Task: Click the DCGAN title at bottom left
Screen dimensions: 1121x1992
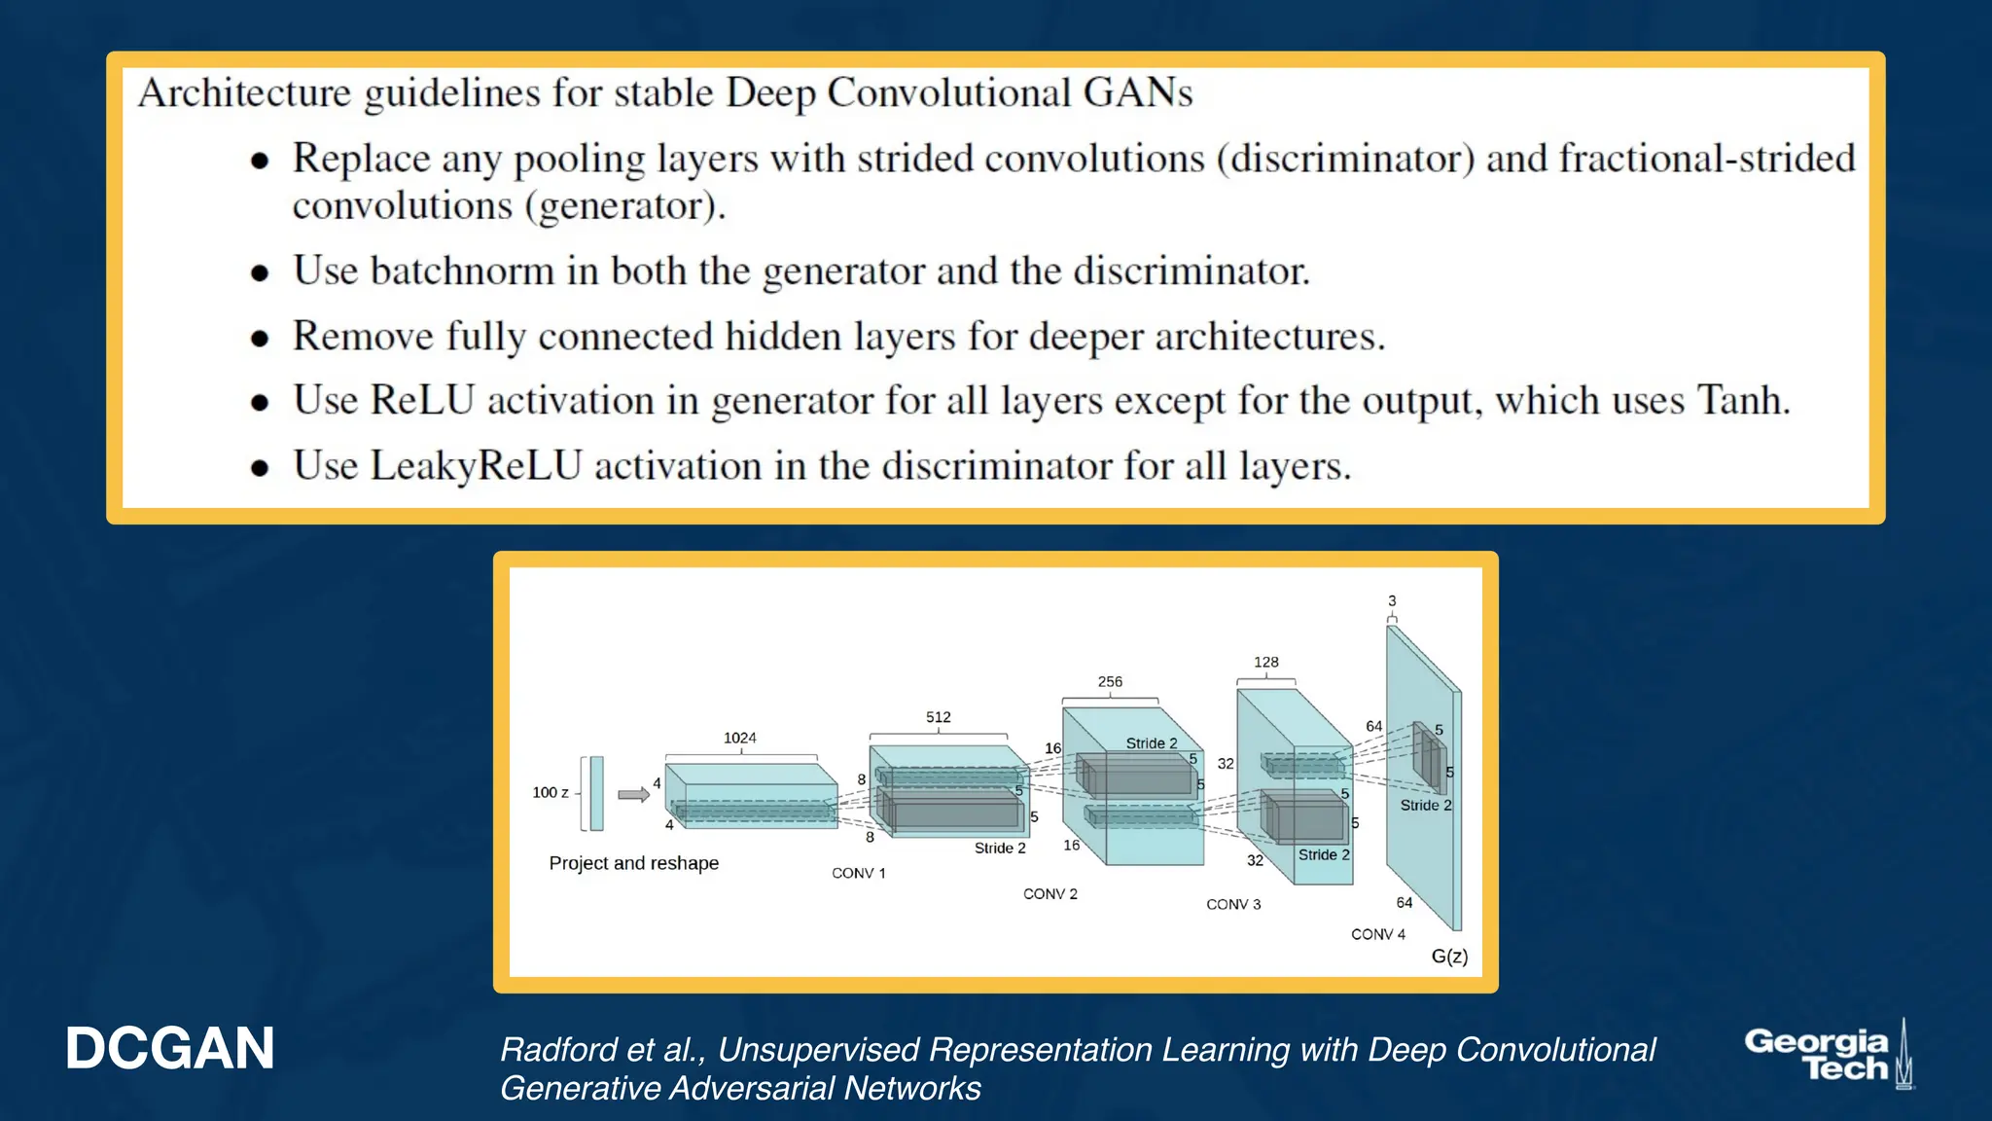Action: click(x=170, y=1049)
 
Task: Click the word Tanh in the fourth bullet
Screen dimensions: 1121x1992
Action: click(x=1742, y=401)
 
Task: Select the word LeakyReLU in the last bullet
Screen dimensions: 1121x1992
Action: click(x=477, y=466)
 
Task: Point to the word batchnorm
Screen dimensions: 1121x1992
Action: click(x=462, y=271)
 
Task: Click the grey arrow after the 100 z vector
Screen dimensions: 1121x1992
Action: click(x=633, y=794)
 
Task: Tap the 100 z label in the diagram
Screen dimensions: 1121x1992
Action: click(x=551, y=793)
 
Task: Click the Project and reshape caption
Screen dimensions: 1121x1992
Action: click(x=633, y=863)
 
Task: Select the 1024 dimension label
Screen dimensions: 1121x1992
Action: click(x=740, y=738)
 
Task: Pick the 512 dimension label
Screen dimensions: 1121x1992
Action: click(x=939, y=717)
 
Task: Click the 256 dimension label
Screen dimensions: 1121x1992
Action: click(x=1110, y=682)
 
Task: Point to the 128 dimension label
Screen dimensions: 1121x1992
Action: click(x=1266, y=662)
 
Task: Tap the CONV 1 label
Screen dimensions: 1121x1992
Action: click(x=859, y=873)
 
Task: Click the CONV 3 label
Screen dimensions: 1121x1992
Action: click(x=1233, y=904)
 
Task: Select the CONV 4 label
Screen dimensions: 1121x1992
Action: click(x=1378, y=934)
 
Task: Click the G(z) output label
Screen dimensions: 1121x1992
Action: click(x=1449, y=957)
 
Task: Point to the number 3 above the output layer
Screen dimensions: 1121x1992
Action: click(x=1392, y=601)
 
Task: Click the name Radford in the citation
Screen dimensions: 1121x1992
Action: click(x=558, y=1050)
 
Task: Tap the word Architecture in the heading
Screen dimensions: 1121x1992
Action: click(x=244, y=93)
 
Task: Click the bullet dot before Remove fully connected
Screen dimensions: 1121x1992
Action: click(x=260, y=339)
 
